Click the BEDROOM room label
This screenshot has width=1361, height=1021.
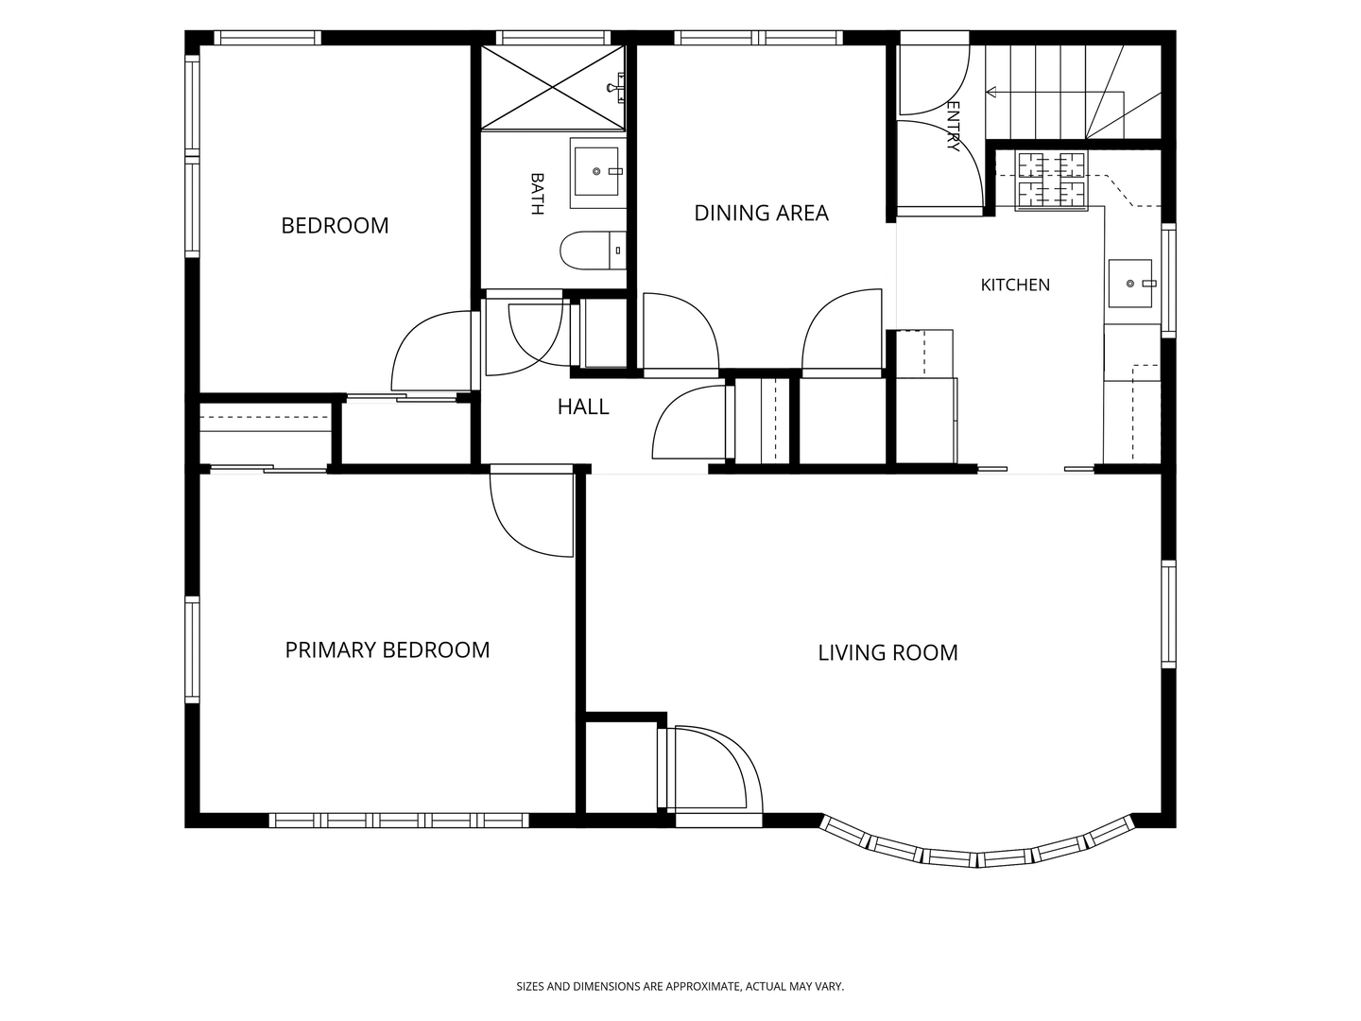[x=335, y=225]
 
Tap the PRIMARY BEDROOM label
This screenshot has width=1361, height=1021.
[x=388, y=649]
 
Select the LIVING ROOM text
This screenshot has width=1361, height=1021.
[x=887, y=652]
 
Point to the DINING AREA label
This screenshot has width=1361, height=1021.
[x=762, y=213]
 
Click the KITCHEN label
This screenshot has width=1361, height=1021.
[x=1015, y=285]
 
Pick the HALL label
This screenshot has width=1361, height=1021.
[x=583, y=407]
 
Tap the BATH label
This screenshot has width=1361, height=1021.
[x=537, y=194]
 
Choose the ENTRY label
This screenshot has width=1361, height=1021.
[x=953, y=126]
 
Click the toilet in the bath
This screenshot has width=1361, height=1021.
[x=593, y=251]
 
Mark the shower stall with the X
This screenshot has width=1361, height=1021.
[x=553, y=87]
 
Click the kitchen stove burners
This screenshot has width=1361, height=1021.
[x=1051, y=180]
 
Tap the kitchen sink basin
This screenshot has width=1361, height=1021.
[x=1130, y=284]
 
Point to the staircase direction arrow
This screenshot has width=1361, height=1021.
[x=1055, y=93]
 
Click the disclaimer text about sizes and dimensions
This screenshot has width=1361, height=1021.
[x=680, y=986]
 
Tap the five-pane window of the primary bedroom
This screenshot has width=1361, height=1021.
[x=399, y=821]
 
